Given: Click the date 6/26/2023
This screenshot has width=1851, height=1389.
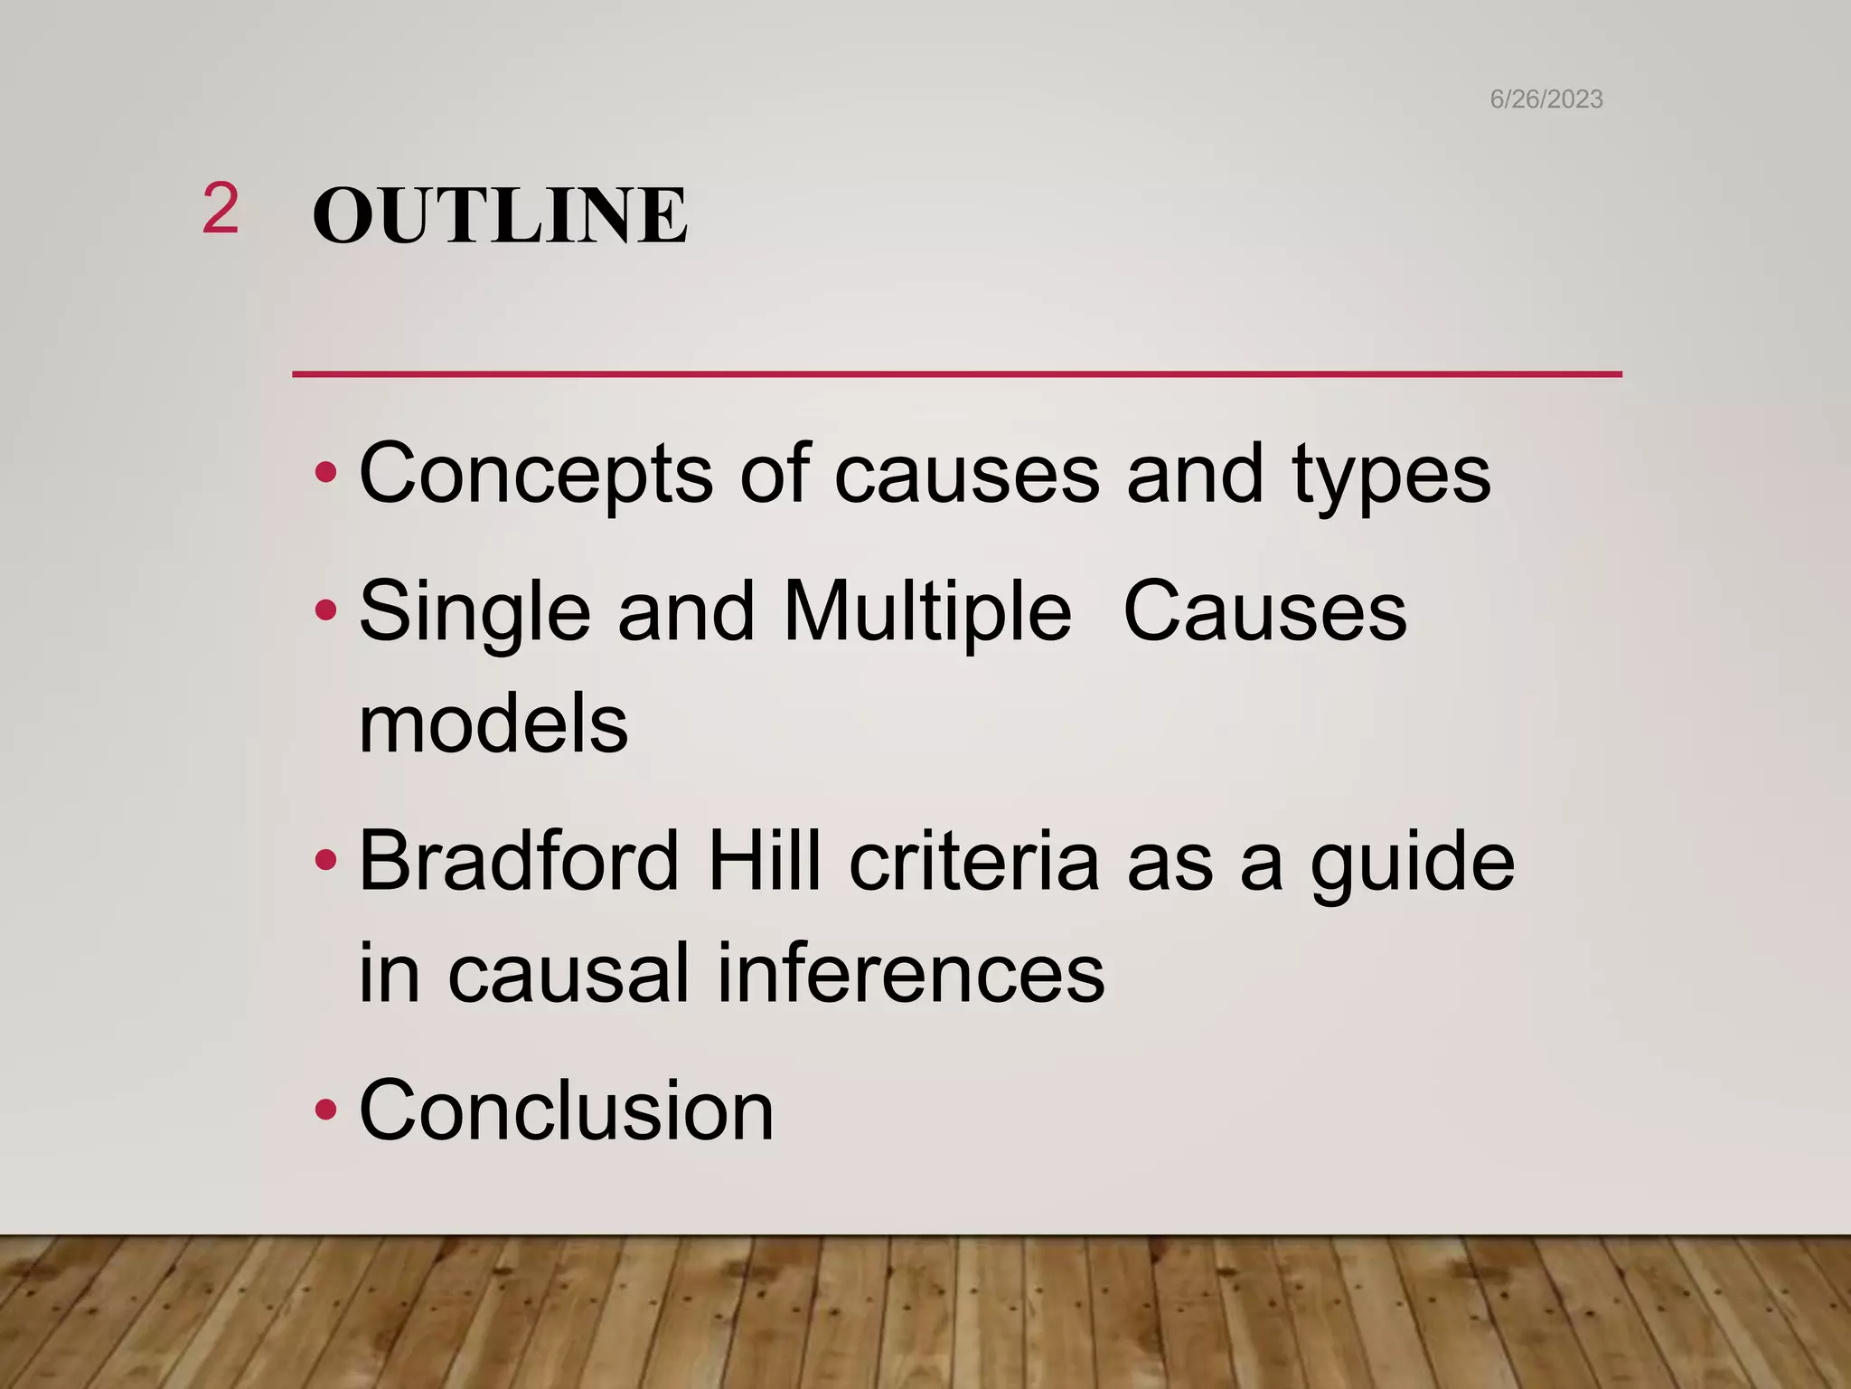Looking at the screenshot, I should point(1546,99).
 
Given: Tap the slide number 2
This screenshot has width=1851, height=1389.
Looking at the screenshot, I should point(221,209).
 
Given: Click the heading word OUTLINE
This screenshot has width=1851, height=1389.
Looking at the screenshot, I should point(500,216).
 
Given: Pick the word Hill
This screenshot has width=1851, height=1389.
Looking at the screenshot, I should point(765,861).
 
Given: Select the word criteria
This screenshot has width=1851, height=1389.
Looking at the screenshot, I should point(973,861).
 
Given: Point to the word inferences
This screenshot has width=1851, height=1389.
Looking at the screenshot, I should point(911,974).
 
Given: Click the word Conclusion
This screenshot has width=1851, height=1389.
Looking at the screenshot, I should point(567,1110).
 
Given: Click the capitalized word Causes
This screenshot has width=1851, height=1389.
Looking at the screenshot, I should point(1264,613).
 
